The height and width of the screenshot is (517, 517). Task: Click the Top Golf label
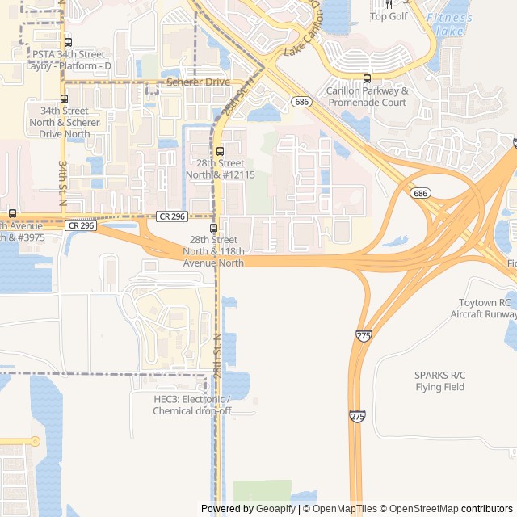point(389,16)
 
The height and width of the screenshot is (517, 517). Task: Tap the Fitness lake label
point(449,24)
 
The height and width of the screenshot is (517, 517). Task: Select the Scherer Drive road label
point(199,82)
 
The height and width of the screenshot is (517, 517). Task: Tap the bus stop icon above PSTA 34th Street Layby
point(67,42)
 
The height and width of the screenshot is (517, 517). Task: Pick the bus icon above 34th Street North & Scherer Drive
point(64,99)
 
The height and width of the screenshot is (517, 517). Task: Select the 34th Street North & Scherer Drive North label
point(65,122)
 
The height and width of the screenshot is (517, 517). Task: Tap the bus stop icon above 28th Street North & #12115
point(220,151)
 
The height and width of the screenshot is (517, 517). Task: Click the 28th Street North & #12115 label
point(220,169)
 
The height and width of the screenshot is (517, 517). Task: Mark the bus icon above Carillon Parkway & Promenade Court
point(368,78)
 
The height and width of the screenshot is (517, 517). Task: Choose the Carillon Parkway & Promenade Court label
point(367,97)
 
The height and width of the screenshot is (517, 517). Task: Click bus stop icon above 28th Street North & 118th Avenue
point(214,228)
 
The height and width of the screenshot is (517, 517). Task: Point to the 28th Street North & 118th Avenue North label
point(213,251)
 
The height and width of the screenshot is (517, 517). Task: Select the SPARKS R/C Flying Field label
point(440,381)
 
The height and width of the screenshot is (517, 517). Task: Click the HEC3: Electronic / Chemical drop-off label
point(191,405)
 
